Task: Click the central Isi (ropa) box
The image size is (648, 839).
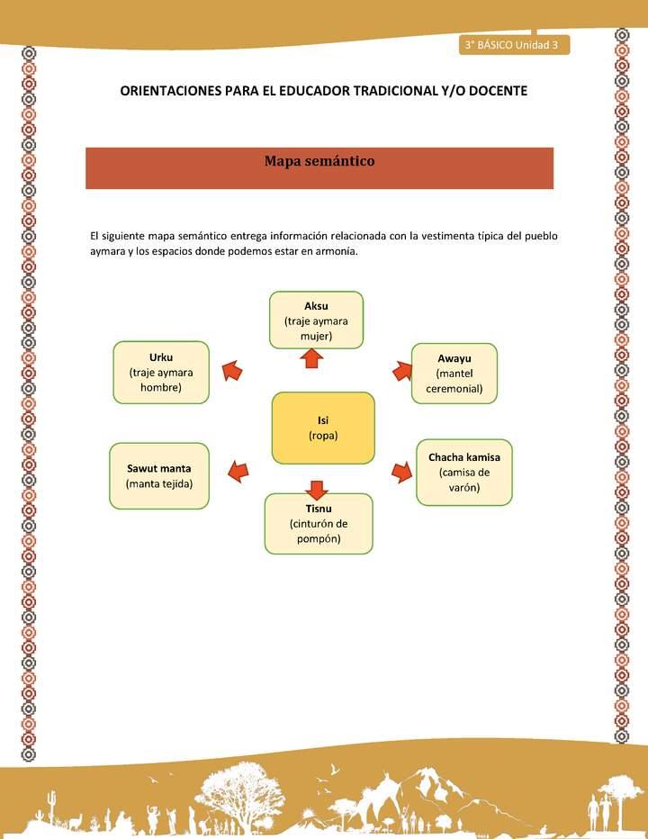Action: [322, 428]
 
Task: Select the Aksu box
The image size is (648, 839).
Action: [316, 320]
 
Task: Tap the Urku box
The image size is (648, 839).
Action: [161, 372]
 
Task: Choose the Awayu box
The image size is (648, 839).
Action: [454, 373]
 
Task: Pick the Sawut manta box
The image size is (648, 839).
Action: [159, 475]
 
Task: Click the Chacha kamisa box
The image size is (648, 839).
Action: [463, 472]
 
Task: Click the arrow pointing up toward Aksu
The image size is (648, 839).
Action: [311, 359]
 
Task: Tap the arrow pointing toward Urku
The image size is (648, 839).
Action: [232, 369]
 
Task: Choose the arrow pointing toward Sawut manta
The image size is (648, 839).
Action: [238, 470]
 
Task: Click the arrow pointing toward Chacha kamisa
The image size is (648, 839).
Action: [401, 471]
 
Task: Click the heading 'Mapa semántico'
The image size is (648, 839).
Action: [319, 161]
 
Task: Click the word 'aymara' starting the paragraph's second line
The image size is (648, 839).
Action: [108, 251]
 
